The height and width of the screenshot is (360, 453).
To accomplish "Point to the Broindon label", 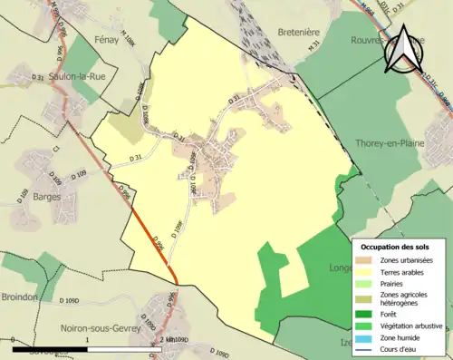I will click(x=19, y=297).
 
